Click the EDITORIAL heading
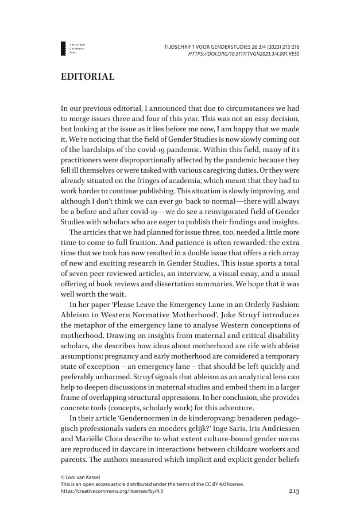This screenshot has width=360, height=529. [x=88, y=76]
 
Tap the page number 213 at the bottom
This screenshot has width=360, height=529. [x=292, y=492]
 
